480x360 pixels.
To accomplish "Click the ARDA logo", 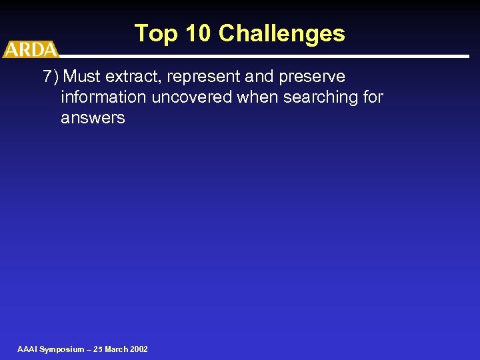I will [x=30, y=49].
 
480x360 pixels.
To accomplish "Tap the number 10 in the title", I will [x=199, y=33].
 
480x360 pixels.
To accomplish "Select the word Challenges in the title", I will [x=282, y=33].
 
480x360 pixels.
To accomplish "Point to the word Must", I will [x=82, y=77].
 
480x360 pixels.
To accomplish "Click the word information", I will [x=103, y=97].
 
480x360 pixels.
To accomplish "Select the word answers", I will [x=93, y=118].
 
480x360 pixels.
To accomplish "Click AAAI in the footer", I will [x=27, y=349].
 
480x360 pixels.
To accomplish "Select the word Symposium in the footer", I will [x=62, y=349].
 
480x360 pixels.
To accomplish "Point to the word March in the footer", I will [x=115, y=349].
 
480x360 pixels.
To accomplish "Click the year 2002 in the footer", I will [x=139, y=349].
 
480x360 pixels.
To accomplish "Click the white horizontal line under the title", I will [x=267, y=56].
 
